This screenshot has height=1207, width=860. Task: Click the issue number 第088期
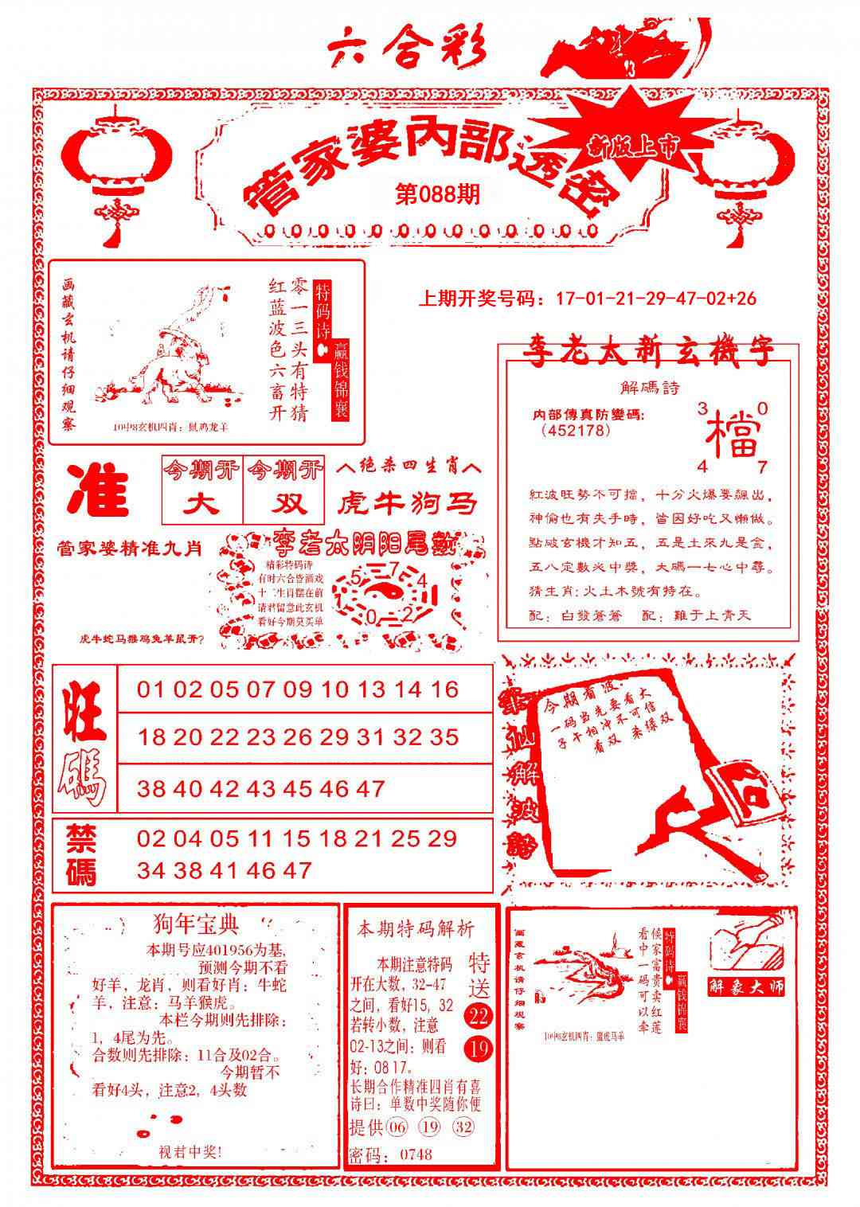click(437, 194)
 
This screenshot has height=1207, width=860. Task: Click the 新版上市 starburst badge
click(634, 144)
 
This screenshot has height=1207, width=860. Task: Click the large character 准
click(99, 493)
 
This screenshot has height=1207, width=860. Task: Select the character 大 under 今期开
click(203, 505)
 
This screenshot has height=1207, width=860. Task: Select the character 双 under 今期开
click(284, 505)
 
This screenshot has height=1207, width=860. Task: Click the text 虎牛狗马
click(408, 503)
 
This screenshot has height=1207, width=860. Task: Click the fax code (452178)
click(576, 431)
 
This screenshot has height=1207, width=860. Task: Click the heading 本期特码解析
click(416, 928)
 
